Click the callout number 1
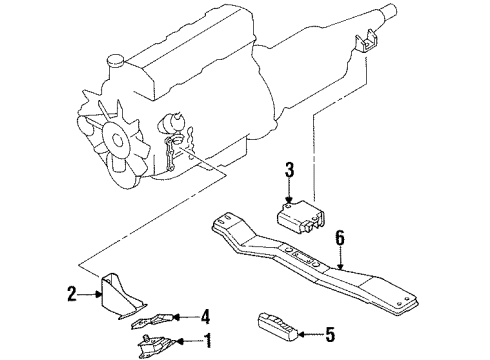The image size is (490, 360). [208, 341]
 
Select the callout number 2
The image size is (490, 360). [72, 294]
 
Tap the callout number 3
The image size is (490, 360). [289, 169]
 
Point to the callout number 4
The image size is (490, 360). [205, 316]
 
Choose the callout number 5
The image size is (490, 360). [330, 334]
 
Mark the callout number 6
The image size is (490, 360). [340, 238]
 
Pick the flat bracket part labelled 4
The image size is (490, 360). [152, 321]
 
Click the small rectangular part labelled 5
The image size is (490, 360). [277, 327]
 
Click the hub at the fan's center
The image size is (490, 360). [117, 139]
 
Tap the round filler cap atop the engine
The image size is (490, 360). [115, 60]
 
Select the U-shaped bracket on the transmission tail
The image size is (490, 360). [364, 41]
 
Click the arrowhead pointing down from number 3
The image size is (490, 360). [289, 199]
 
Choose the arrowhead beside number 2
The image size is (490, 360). [98, 294]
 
